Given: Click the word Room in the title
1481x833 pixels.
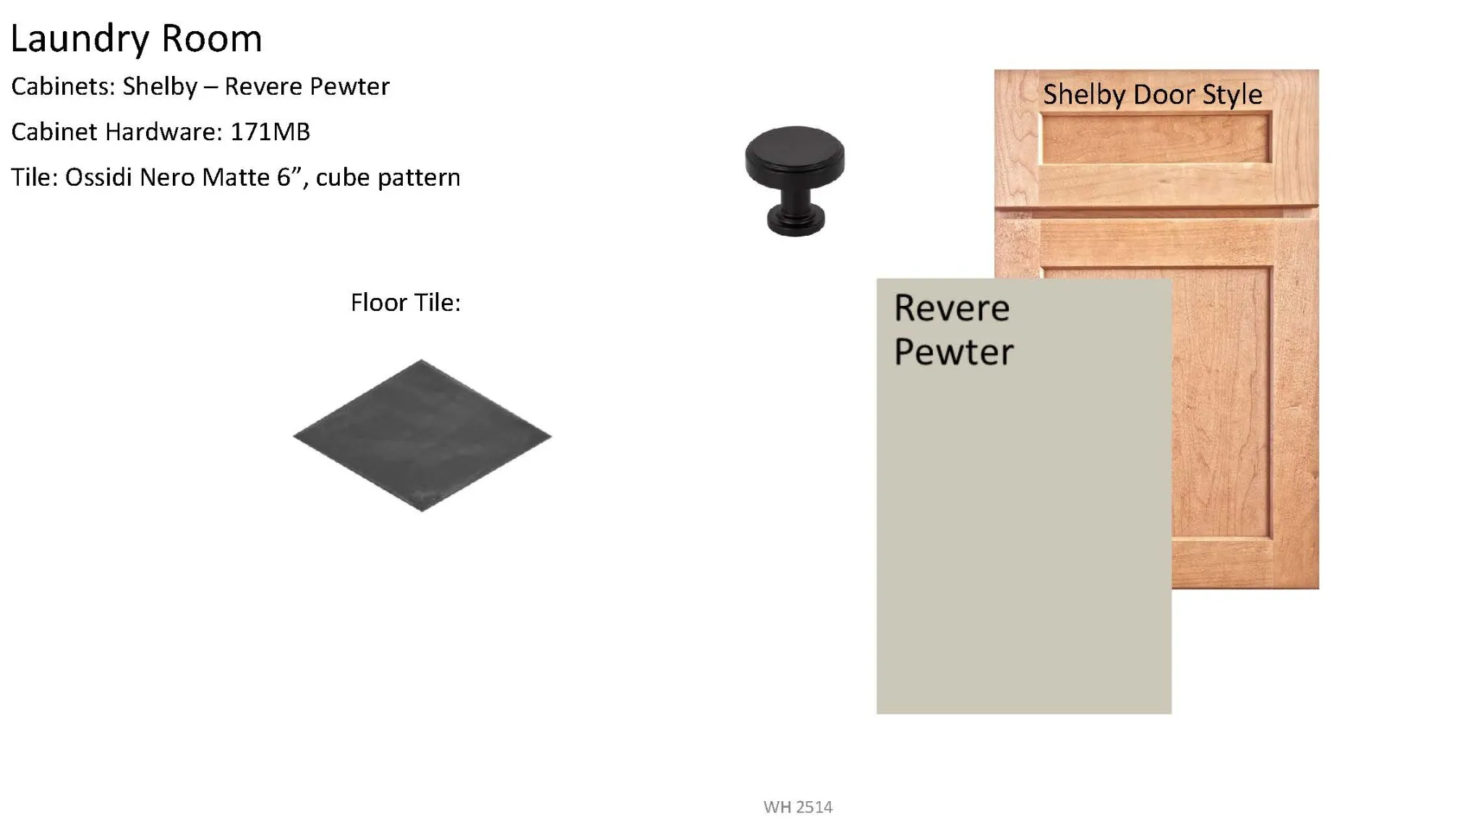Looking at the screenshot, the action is [211, 38].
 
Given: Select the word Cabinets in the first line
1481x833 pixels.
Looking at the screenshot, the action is [63, 87].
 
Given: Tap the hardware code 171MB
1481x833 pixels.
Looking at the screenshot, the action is [270, 132].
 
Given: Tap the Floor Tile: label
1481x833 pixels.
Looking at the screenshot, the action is [406, 302].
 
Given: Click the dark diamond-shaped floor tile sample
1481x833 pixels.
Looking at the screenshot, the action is [422, 435].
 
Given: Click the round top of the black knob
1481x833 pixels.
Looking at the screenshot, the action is [795, 158].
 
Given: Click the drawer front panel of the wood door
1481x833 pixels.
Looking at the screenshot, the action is [1156, 140].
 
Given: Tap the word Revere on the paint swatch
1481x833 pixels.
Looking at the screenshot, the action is [952, 309].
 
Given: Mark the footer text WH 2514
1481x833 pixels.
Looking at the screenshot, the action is [798, 807].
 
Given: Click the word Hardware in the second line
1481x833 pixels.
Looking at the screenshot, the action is [163, 132].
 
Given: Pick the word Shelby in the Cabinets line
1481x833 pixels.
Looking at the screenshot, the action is [160, 87].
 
